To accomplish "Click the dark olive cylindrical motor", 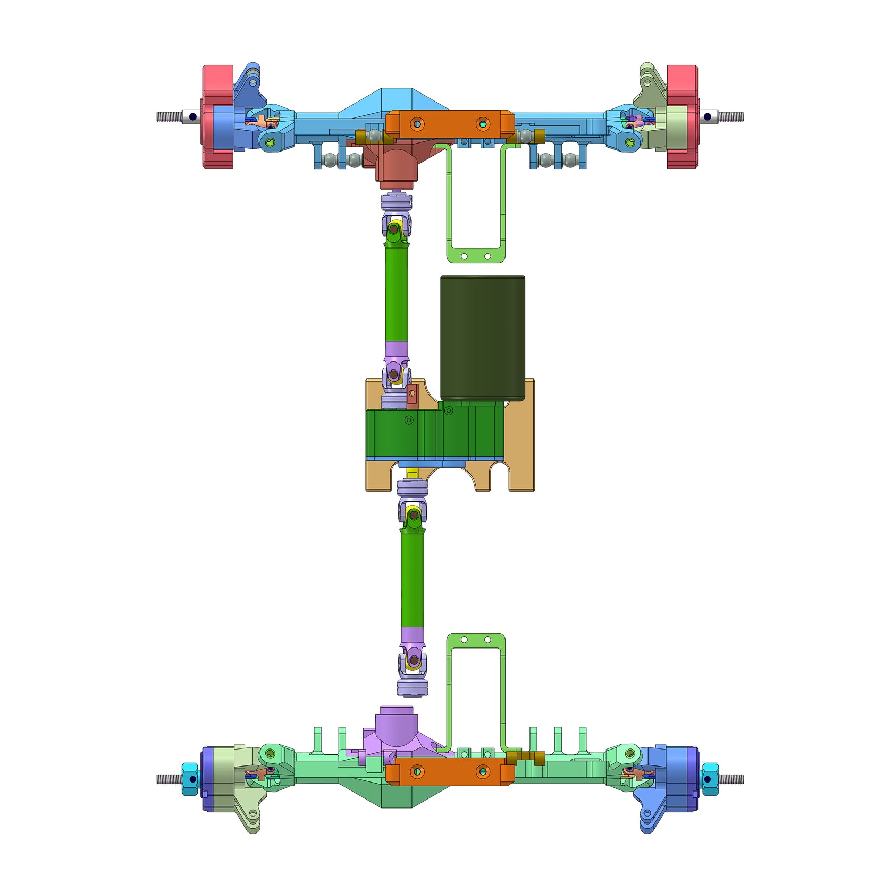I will pyautogui.click(x=482, y=338).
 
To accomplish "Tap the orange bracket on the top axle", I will pyautogui.click(x=450, y=123).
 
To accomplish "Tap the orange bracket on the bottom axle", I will pyautogui.click(x=450, y=771).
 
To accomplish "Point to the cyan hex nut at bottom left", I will pyautogui.click(x=189, y=779).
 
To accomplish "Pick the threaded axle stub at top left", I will pyautogui.click(x=169, y=116).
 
